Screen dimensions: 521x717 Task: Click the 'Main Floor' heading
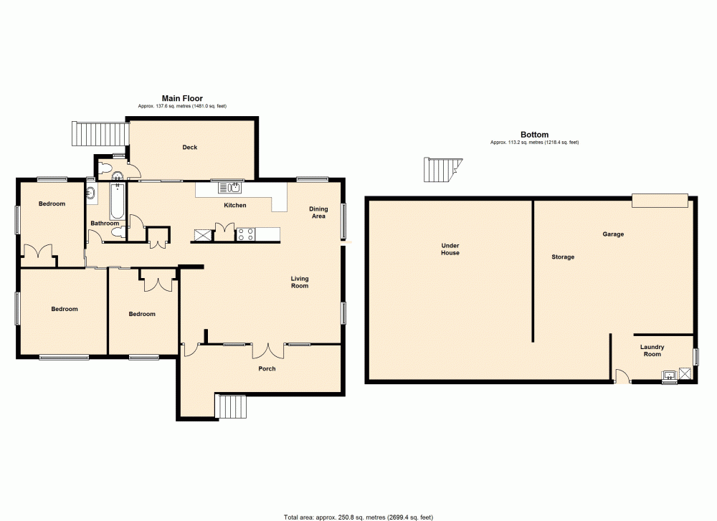click(182, 98)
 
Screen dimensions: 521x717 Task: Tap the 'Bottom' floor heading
click(534, 135)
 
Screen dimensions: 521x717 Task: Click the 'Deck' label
click(189, 148)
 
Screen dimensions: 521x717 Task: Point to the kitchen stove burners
click(246, 234)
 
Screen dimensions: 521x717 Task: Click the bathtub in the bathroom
click(116, 201)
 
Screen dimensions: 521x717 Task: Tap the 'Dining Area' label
click(318, 212)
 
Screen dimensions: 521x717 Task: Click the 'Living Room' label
click(300, 282)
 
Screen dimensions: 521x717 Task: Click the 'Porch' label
click(267, 369)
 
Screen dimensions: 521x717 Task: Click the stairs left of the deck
click(100, 133)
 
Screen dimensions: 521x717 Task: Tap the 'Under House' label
click(450, 249)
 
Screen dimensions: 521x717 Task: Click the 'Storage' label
click(563, 257)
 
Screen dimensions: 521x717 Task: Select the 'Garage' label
click(613, 234)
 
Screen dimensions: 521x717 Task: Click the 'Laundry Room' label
click(652, 350)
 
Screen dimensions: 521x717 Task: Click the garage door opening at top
click(660, 201)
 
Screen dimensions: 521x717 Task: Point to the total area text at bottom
click(358, 516)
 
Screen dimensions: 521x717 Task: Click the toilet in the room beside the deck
click(105, 170)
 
